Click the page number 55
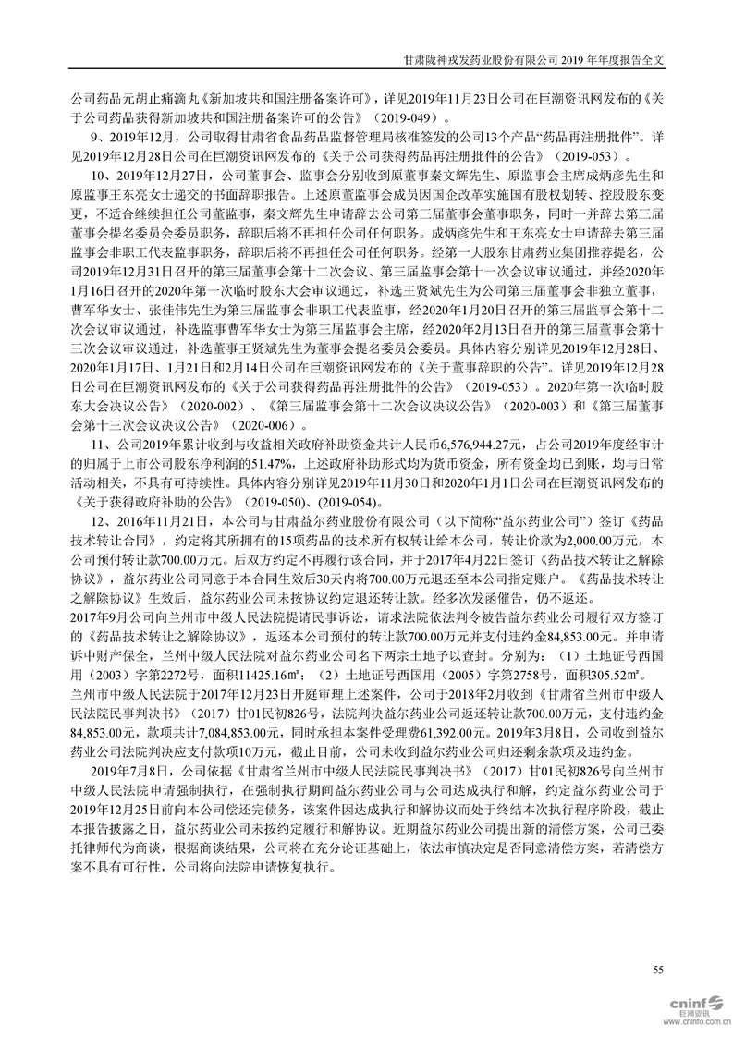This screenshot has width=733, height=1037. (x=658, y=969)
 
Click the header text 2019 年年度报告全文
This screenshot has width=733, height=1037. (x=621, y=57)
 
